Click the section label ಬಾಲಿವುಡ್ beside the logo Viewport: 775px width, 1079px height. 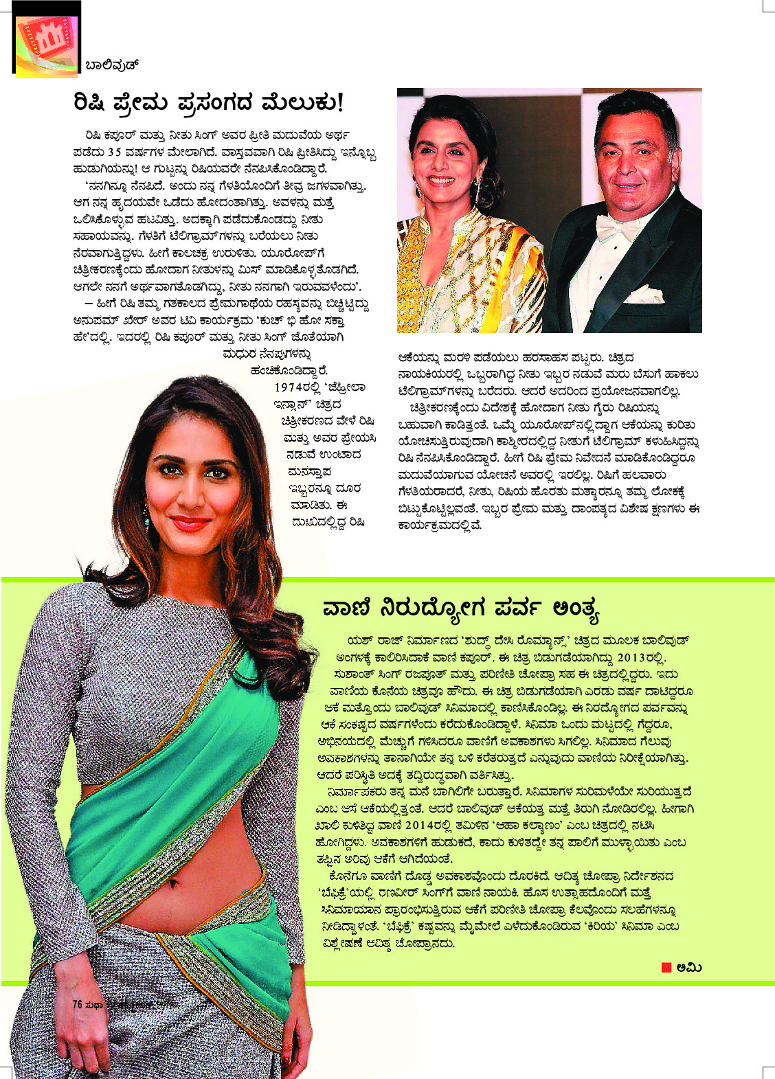[112, 66]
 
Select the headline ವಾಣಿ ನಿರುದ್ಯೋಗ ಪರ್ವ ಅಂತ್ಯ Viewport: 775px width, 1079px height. [460, 609]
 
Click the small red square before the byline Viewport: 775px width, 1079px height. [666, 967]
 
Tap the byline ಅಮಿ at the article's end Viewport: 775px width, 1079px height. [689, 967]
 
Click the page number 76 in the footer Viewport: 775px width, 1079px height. [77, 1004]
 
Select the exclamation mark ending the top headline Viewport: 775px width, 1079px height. [339, 103]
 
